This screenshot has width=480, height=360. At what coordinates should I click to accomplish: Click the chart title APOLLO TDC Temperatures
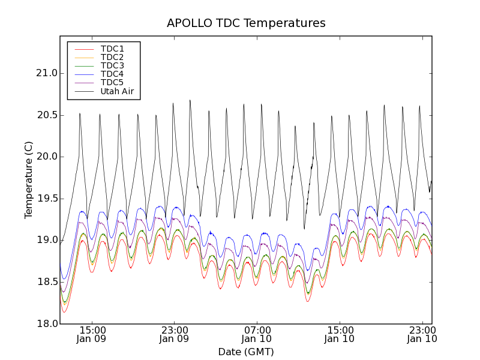click(x=246, y=23)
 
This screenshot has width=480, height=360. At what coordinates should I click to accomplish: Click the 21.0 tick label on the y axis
click(x=46, y=73)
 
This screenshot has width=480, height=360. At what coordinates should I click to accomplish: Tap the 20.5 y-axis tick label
click(x=46, y=115)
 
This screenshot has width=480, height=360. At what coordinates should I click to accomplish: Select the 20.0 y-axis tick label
click(x=46, y=157)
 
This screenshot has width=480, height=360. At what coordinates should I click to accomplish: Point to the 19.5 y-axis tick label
click(x=46, y=198)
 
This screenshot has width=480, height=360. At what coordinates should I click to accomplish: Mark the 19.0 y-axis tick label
click(x=46, y=240)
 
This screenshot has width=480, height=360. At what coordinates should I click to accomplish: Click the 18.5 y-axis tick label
click(x=46, y=281)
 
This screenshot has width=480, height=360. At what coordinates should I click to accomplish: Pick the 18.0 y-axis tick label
click(x=46, y=323)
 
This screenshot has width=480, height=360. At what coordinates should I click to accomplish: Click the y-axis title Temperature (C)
click(x=29, y=180)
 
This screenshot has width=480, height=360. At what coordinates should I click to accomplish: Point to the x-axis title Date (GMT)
click(x=246, y=352)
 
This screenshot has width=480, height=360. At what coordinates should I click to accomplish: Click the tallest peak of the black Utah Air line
click(x=190, y=100)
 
